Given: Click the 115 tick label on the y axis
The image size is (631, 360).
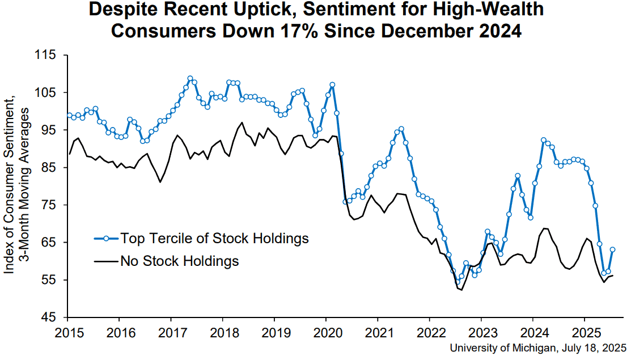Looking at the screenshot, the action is point(45,54).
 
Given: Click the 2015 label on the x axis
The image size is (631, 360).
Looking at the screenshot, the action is point(67,333).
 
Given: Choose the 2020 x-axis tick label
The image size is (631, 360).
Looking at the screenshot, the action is point(326,333).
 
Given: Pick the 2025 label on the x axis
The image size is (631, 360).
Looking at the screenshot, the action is point(585,333).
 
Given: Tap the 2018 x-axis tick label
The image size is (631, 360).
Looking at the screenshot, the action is point(223,333).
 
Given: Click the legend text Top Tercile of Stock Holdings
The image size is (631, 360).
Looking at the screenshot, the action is point(214,239).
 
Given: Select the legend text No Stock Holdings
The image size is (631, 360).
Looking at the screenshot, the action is point(180,261).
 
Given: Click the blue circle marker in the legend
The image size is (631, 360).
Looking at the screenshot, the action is point(106,239).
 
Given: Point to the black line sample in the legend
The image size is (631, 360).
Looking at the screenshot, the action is point(106,261).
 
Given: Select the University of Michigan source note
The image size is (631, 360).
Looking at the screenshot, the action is point(538,348).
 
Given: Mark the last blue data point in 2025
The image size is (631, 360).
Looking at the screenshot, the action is point(612,249).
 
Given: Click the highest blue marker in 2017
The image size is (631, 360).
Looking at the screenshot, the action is point(190,78).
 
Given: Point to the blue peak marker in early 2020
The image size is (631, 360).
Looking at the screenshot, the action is point(332,85).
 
